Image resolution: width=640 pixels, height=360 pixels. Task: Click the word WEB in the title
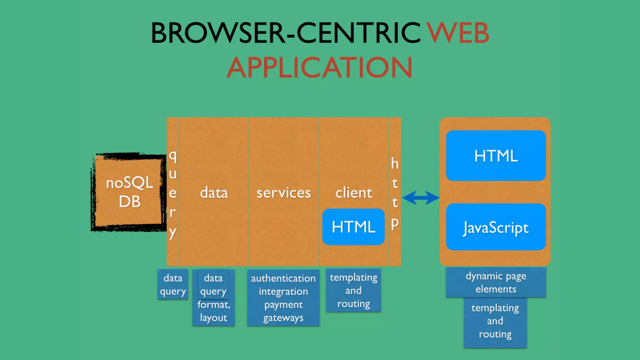tap(458, 33)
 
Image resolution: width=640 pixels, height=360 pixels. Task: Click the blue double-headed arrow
tap(421, 198)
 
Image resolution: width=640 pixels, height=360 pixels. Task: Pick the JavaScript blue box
tap(496, 227)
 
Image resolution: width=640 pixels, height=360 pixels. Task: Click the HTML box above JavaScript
tap(496, 156)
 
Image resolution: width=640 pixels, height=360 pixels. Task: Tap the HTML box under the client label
tap(353, 227)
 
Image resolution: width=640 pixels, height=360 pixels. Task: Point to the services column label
tap(284, 192)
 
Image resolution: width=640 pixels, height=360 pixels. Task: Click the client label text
tap(354, 192)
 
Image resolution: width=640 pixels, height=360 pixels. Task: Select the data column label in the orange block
tap(214, 192)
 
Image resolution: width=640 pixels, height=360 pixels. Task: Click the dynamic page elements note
tap(496, 282)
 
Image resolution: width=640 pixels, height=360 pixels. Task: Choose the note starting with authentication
tap(283, 297)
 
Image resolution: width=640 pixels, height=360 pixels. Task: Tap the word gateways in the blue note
tap(283, 318)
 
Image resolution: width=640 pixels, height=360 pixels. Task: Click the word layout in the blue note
tap(214, 318)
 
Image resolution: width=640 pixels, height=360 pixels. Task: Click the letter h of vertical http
tap(395, 163)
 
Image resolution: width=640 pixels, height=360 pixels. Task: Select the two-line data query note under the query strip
tap(173, 284)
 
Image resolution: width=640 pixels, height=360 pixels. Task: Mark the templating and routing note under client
tap(353, 290)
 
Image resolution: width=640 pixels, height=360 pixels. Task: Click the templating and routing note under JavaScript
tap(495, 321)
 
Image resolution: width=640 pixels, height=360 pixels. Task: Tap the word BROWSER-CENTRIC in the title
tap(286, 33)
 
